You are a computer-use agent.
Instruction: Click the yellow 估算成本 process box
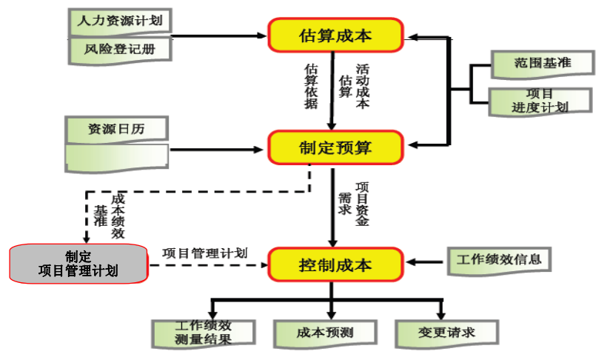335,35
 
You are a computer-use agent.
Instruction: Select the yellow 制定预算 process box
335,147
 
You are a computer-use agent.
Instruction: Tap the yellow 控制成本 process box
335,264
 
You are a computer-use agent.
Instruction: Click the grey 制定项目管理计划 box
77,264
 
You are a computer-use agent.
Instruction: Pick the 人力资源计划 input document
118,21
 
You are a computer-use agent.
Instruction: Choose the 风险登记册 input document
118,50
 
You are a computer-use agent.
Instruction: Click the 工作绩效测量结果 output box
204,333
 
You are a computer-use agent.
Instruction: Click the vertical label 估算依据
311,86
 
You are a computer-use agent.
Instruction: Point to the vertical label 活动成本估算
354,86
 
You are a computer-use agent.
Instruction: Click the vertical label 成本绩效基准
110,216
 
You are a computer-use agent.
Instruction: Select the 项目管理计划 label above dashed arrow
204,253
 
